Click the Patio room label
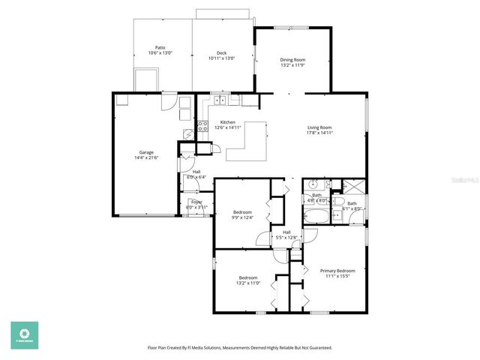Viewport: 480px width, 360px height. click(x=160, y=47)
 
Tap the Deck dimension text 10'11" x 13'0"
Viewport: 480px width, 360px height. click(x=221, y=58)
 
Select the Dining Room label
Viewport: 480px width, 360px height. click(x=292, y=59)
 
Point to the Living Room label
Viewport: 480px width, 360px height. click(x=319, y=127)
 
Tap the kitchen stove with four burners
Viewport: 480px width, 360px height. click(x=202, y=126)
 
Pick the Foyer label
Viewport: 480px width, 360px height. click(x=196, y=202)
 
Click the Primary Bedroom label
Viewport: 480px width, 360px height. click(x=337, y=270)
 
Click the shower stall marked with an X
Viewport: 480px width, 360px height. click(x=355, y=187)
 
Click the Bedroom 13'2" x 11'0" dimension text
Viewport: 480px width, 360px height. click(x=249, y=283)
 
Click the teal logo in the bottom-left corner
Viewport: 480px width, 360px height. click(x=24, y=335)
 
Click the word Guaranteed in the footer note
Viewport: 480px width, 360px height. click(x=319, y=348)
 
